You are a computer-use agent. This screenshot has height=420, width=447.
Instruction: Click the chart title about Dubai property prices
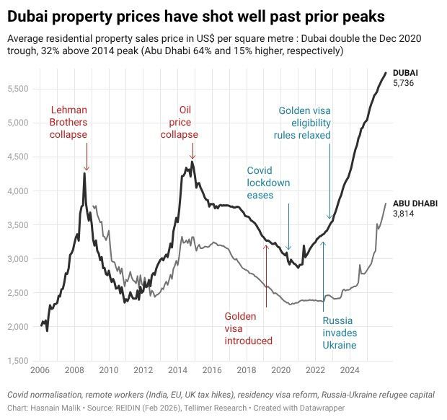pos(195,15)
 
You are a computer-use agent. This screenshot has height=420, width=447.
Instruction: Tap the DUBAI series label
pos(405,74)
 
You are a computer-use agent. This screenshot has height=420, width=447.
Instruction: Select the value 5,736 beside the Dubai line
pos(403,84)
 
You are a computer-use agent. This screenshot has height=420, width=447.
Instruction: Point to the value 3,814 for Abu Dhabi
pos(403,214)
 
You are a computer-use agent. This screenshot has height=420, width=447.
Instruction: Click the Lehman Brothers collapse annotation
pos(68,123)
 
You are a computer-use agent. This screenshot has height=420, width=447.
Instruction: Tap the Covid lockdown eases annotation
pos(268,183)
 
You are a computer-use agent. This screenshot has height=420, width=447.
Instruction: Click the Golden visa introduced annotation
pos(248,328)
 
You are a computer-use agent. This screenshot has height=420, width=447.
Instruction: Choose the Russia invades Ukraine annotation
pos(339,333)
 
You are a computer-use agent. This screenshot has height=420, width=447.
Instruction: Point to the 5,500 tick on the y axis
pos(18,89)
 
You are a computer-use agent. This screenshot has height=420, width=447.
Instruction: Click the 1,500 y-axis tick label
pos(18,361)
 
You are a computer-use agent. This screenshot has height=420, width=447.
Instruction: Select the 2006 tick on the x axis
pos(40,371)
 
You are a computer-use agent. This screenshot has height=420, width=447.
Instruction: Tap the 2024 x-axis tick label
pos(350,371)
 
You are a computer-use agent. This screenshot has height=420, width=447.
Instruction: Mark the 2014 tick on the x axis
pos(177,371)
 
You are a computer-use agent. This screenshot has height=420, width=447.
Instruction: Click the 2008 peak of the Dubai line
pos(85,173)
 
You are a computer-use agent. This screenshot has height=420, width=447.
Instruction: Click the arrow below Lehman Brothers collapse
pos(86,155)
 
